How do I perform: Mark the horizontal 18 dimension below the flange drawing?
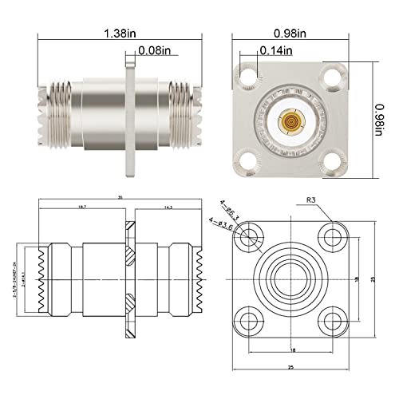coord(292,349)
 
